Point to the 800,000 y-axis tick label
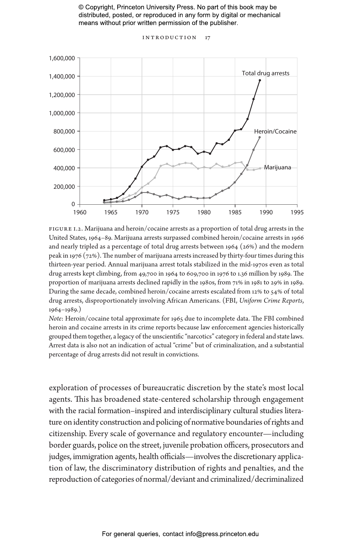(64, 131)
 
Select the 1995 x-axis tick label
(297, 212)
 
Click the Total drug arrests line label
(265, 73)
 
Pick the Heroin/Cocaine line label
(275, 131)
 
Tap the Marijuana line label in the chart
(277, 167)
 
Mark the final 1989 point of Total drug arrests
(260, 80)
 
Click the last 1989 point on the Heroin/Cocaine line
(259, 137)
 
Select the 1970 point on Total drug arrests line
(142, 167)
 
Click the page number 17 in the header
(207, 38)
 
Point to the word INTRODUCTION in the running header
(169, 38)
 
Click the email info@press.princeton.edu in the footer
(222, 534)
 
